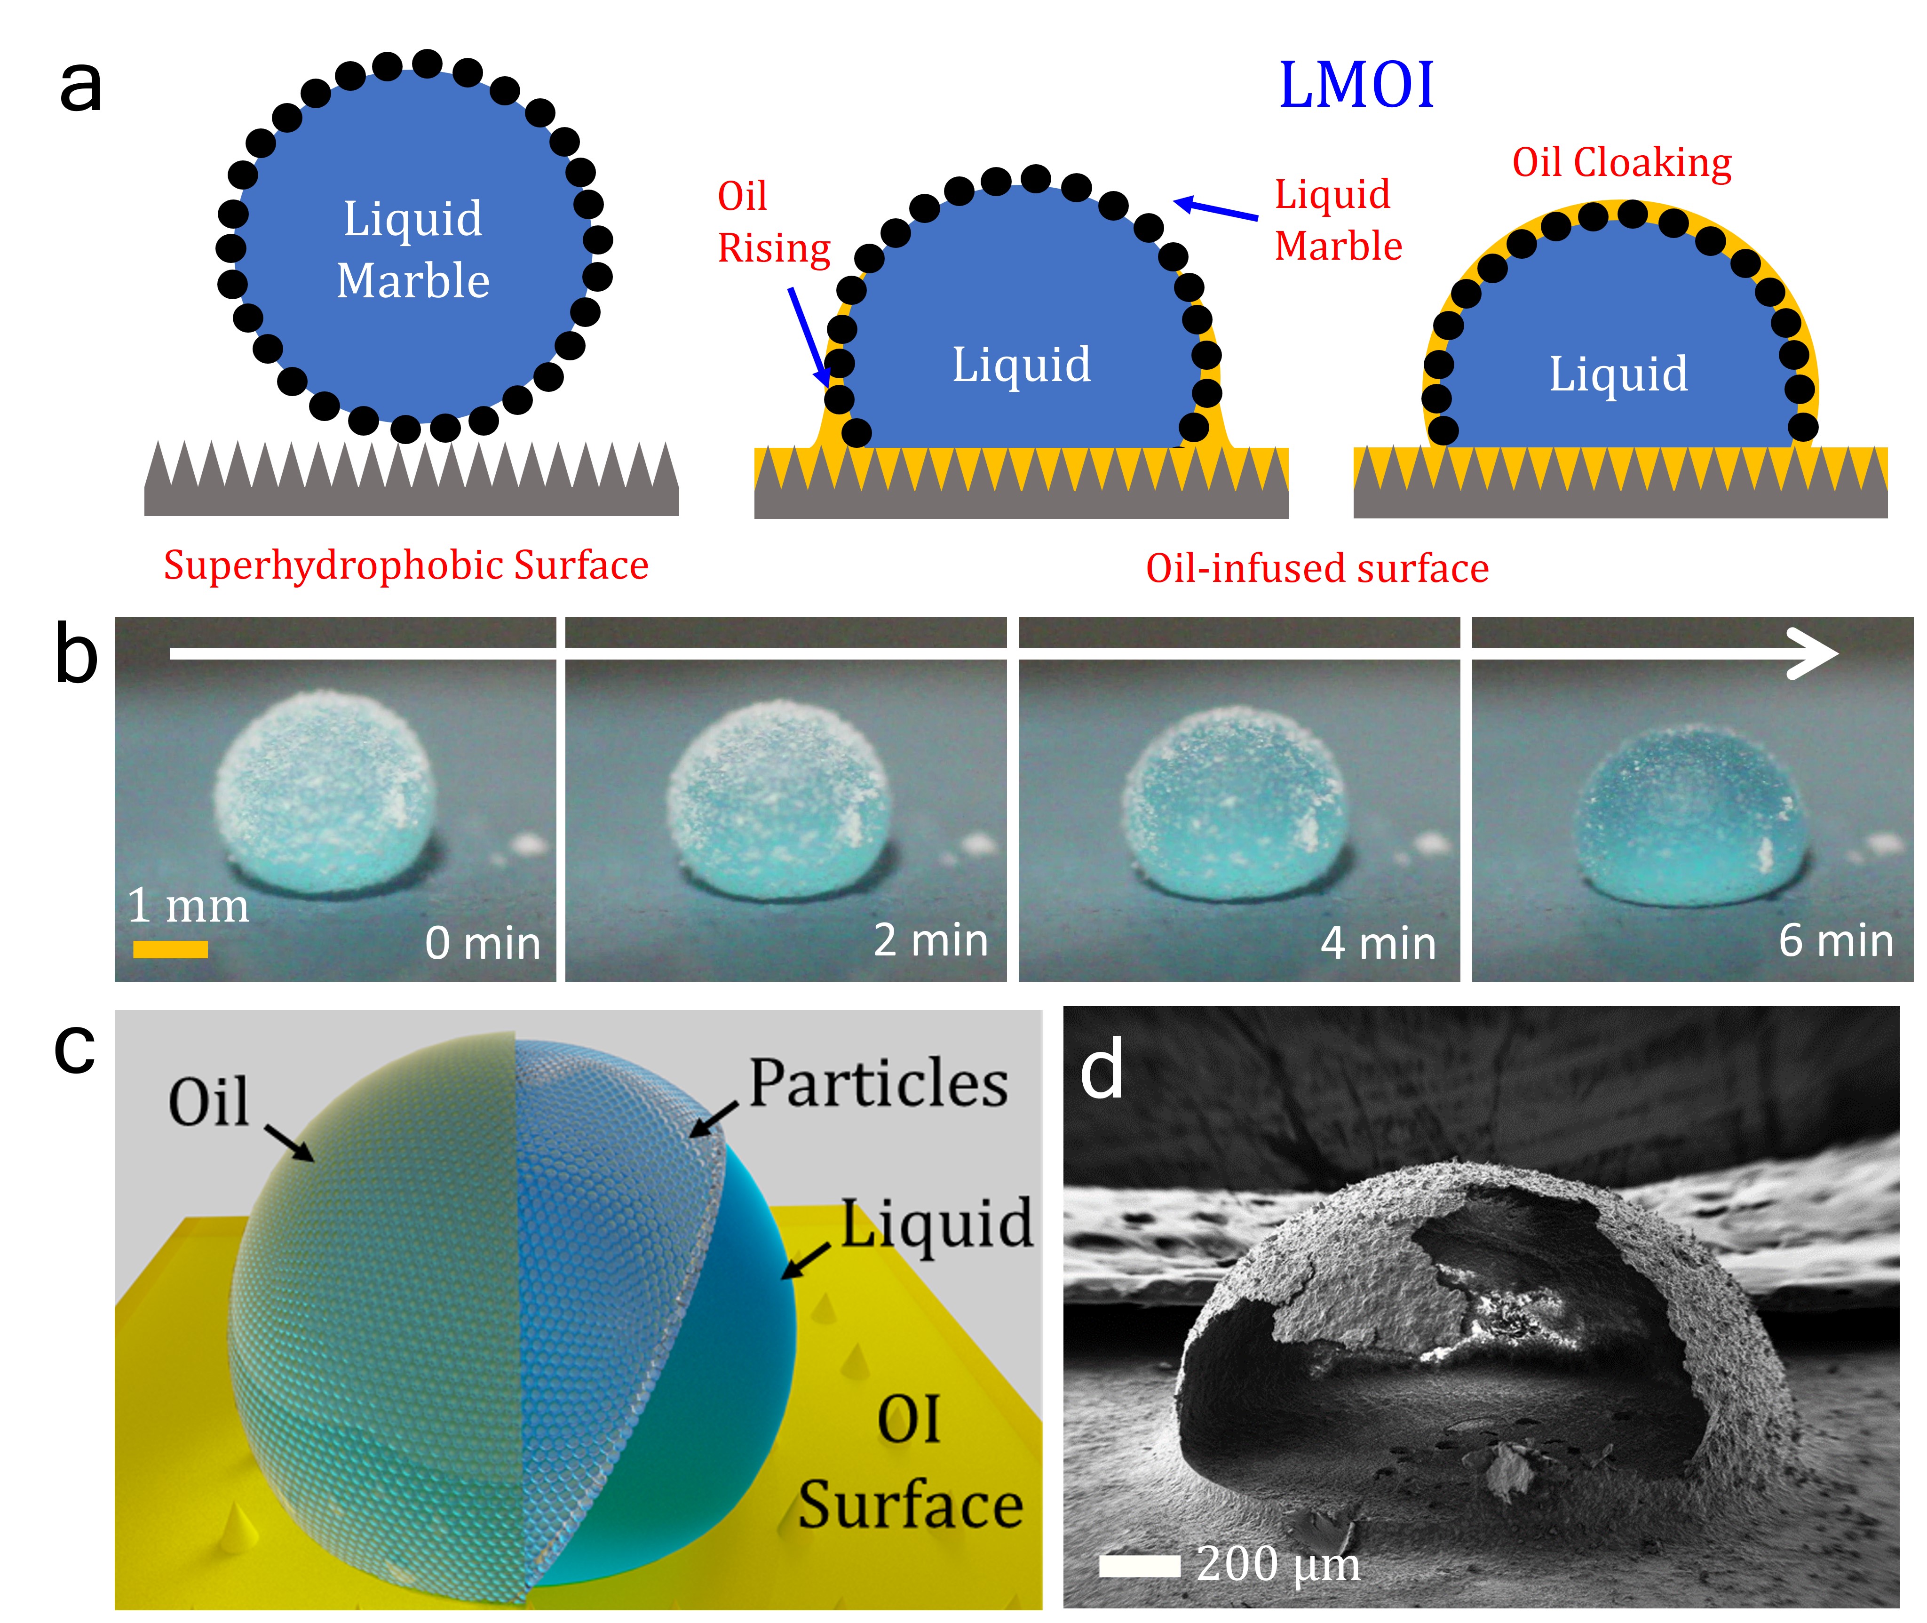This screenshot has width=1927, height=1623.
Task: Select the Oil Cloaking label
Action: [1622, 163]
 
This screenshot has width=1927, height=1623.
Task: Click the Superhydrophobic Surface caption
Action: [405, 565]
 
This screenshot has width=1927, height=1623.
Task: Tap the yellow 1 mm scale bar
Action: [170, 948]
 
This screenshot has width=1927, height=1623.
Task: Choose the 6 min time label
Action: [1835, 940]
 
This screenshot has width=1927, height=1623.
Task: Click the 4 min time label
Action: [1378, 943]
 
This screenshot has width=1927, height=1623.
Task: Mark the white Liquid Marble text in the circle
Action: [413, 248]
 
